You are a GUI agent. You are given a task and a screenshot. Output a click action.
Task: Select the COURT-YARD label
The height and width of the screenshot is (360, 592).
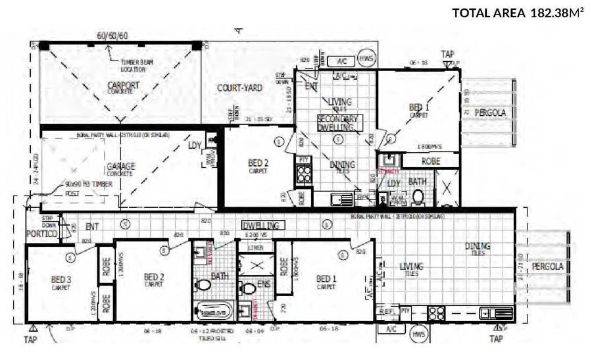coord(241,88)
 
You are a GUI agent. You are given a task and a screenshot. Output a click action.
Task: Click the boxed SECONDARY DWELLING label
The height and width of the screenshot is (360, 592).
coord(338,122)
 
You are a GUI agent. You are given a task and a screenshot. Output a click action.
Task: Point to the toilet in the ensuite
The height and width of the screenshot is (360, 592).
coord(247,288)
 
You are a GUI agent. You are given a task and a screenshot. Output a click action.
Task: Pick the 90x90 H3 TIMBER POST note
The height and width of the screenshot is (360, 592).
coord(88,188)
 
